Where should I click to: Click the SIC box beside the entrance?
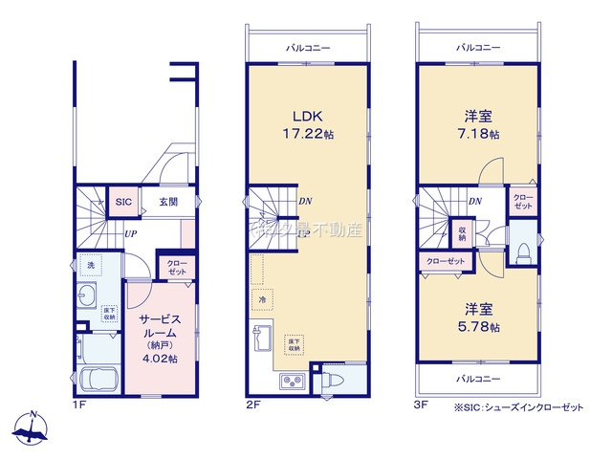pos(123,202)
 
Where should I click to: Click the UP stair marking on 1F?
pos(128,232)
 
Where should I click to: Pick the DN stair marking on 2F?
pos(303,202)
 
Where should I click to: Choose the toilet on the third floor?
pos(522,251)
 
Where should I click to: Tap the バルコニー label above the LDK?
pos(307,46)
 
